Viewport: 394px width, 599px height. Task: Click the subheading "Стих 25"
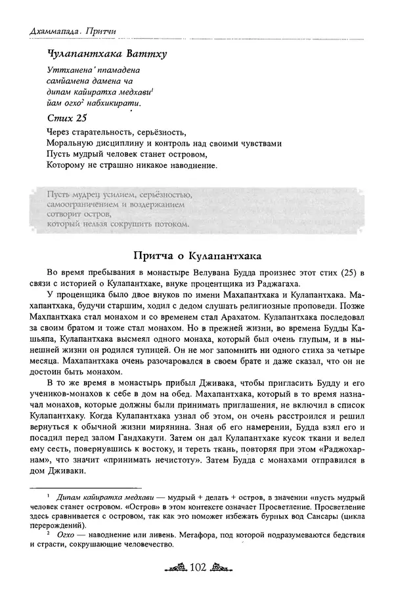coord(68,118)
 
